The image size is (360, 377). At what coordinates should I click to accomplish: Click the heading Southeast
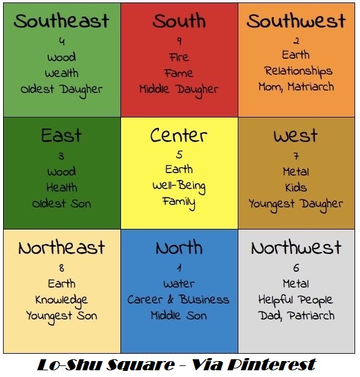tap(61, 21)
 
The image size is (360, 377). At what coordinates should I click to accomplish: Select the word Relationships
tap(298, 71)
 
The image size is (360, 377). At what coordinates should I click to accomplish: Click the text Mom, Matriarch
tap(296, 87)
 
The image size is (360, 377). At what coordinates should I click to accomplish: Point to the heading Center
tap(178, 135)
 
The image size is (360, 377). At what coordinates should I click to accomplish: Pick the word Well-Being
tap(178, 186)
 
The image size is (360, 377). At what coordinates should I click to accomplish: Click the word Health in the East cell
tap(61, 187)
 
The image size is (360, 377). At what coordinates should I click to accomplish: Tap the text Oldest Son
tap(61, 203)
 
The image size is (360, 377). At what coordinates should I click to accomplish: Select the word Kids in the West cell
tap(296, 187)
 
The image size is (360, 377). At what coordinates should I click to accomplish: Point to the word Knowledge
tap(61, 300)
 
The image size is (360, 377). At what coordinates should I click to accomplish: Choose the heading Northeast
tap(61, 248)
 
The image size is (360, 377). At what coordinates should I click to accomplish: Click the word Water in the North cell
tap(178, 284)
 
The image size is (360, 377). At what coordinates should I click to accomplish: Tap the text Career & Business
tap(178, 300)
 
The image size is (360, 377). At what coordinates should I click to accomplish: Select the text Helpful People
tap(296, 300)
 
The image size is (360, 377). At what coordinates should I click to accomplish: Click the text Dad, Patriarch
tap(296, 316)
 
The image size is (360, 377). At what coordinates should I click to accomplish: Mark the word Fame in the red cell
tap(178, 73)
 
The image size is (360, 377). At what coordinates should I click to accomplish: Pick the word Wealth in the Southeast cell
tap(61, 73)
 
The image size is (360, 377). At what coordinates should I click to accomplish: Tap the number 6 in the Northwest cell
tap(296, 268)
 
